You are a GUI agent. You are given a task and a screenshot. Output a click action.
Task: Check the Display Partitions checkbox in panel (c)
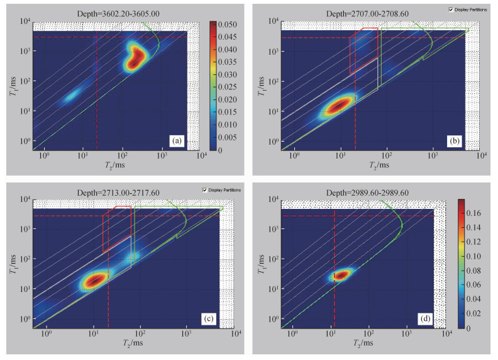pos(204,190)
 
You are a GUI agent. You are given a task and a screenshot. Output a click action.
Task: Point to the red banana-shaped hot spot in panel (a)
pos(134,58)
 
